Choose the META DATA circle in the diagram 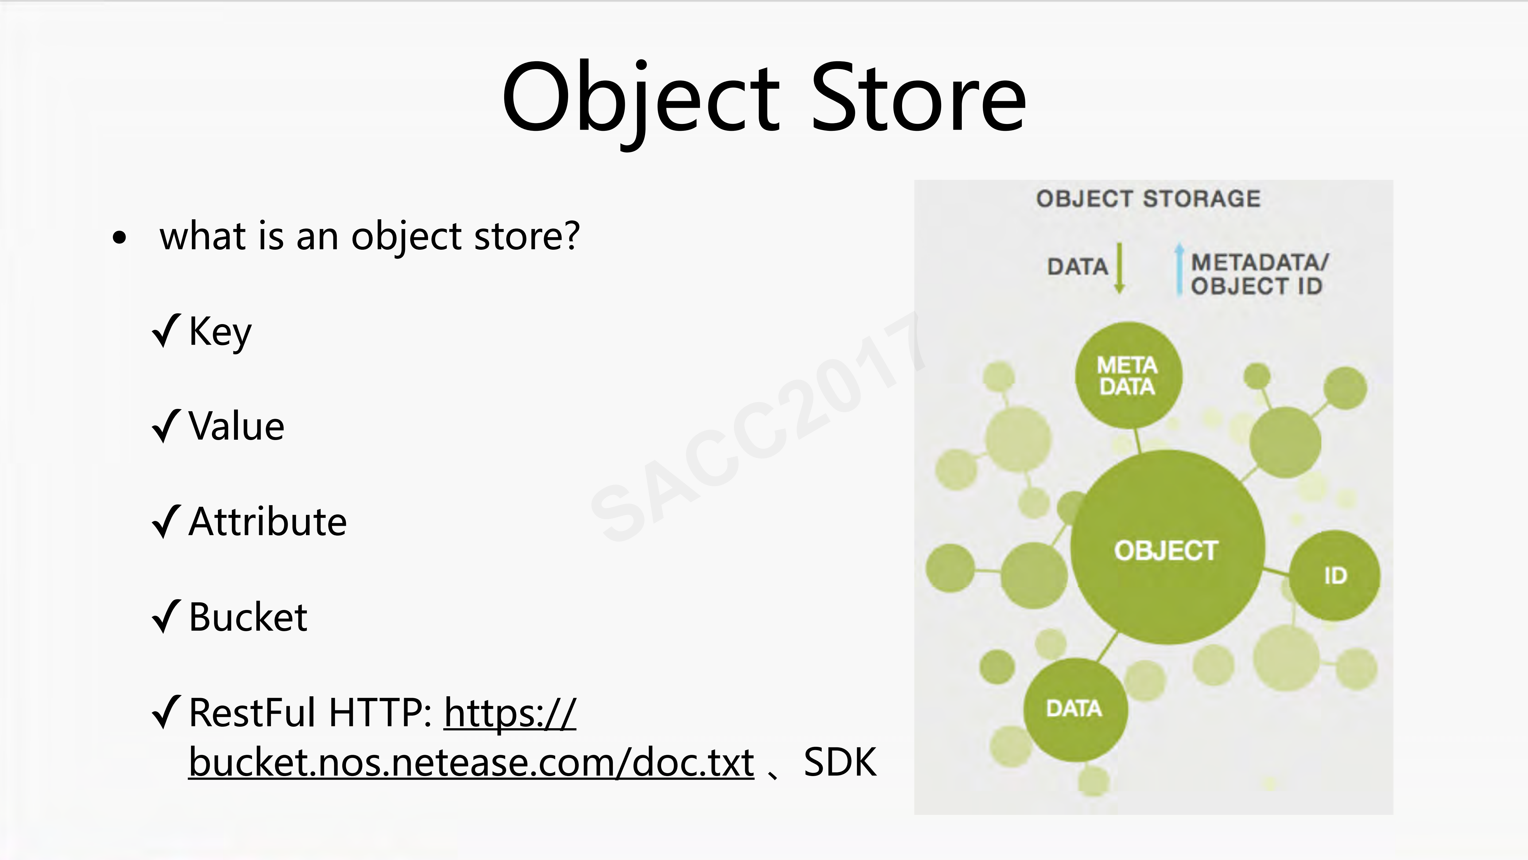tap(1128, 375)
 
